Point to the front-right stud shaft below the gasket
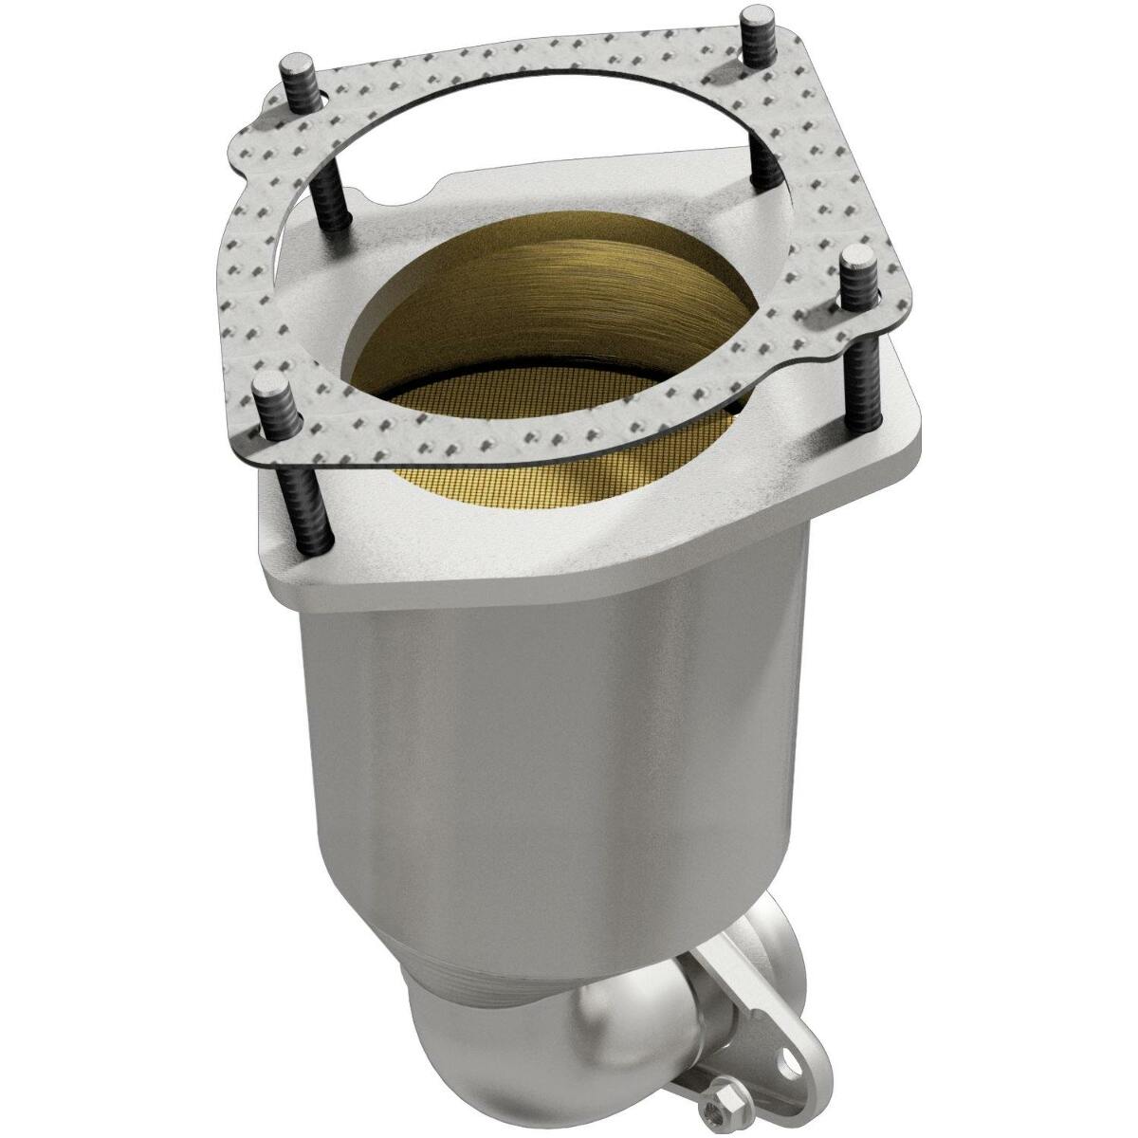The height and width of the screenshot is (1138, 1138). (x=866, y=379)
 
